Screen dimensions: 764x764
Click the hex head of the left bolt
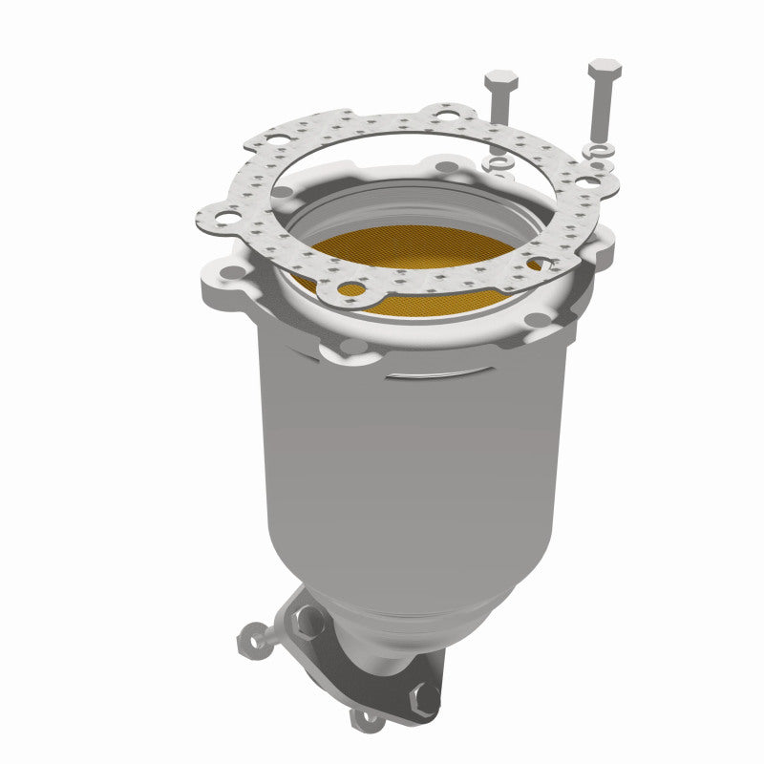tap(500, 79)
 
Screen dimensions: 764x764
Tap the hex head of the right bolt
tap(605, 70)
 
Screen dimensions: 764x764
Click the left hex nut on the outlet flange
tap(309, 623)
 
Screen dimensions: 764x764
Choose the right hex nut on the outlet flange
tap(425, 696)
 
